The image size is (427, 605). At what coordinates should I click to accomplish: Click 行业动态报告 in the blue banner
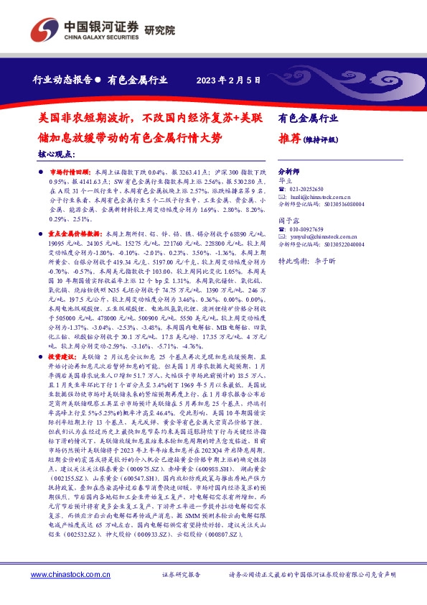(x=62, y=80)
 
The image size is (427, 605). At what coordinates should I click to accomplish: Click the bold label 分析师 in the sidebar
(x=288, y=172)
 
